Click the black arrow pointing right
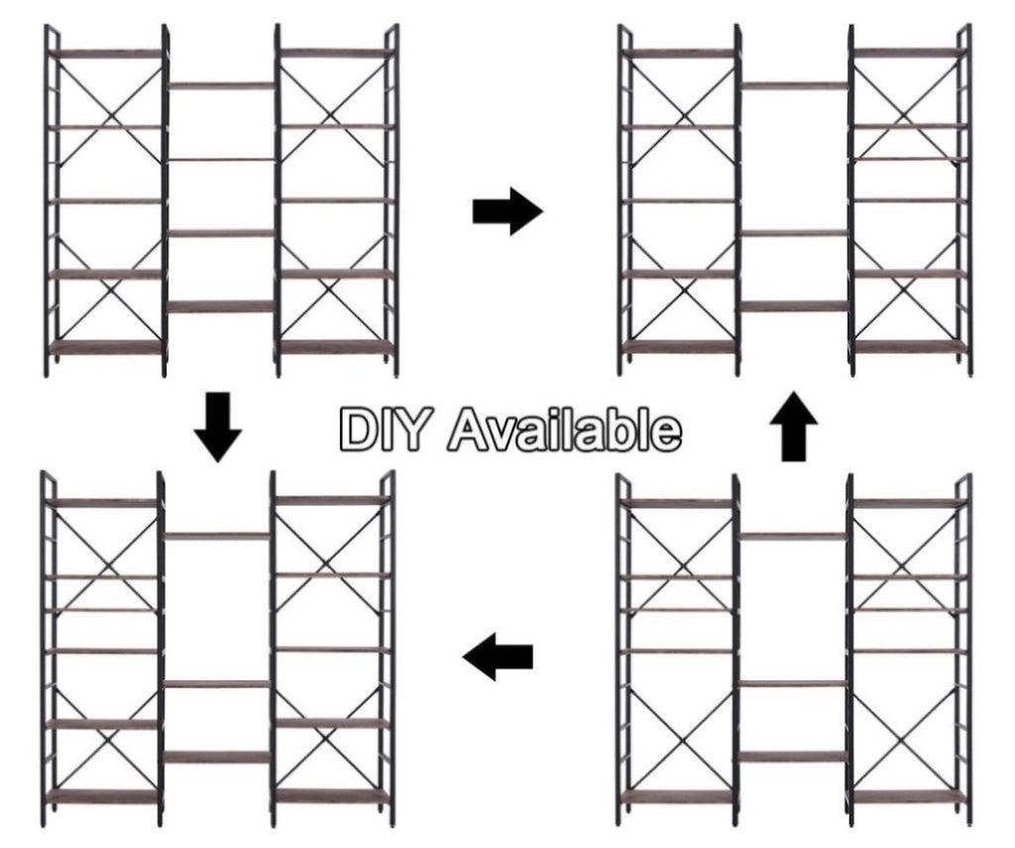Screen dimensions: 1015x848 click(x=508, y=211)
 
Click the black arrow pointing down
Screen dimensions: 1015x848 click(x=218, y=426)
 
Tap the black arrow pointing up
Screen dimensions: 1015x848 click(x=794, y=426)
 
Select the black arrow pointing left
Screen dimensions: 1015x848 click(x=498, y=657)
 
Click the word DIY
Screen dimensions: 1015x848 click(x=384, y=428)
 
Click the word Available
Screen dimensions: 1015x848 click(x=564, y=428)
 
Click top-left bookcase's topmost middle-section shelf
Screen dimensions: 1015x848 click(x=222, y=85)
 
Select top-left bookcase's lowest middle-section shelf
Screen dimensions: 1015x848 click(x=222, y=306)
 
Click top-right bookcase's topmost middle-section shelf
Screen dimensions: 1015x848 click(x=795, y=85)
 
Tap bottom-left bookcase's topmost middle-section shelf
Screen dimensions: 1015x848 click(x=217, y=536)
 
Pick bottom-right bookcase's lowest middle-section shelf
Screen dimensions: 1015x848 click(x=794, y=756)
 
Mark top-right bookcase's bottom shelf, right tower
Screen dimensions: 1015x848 click(x=909, y=347)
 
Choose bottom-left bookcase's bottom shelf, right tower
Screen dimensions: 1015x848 click(x=332, y=796)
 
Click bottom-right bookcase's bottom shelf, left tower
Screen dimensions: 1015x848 click(x=679, y=796)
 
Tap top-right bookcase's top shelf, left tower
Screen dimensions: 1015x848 click(x=681, y=53)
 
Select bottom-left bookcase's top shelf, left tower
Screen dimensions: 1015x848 click(x=103, y=502)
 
